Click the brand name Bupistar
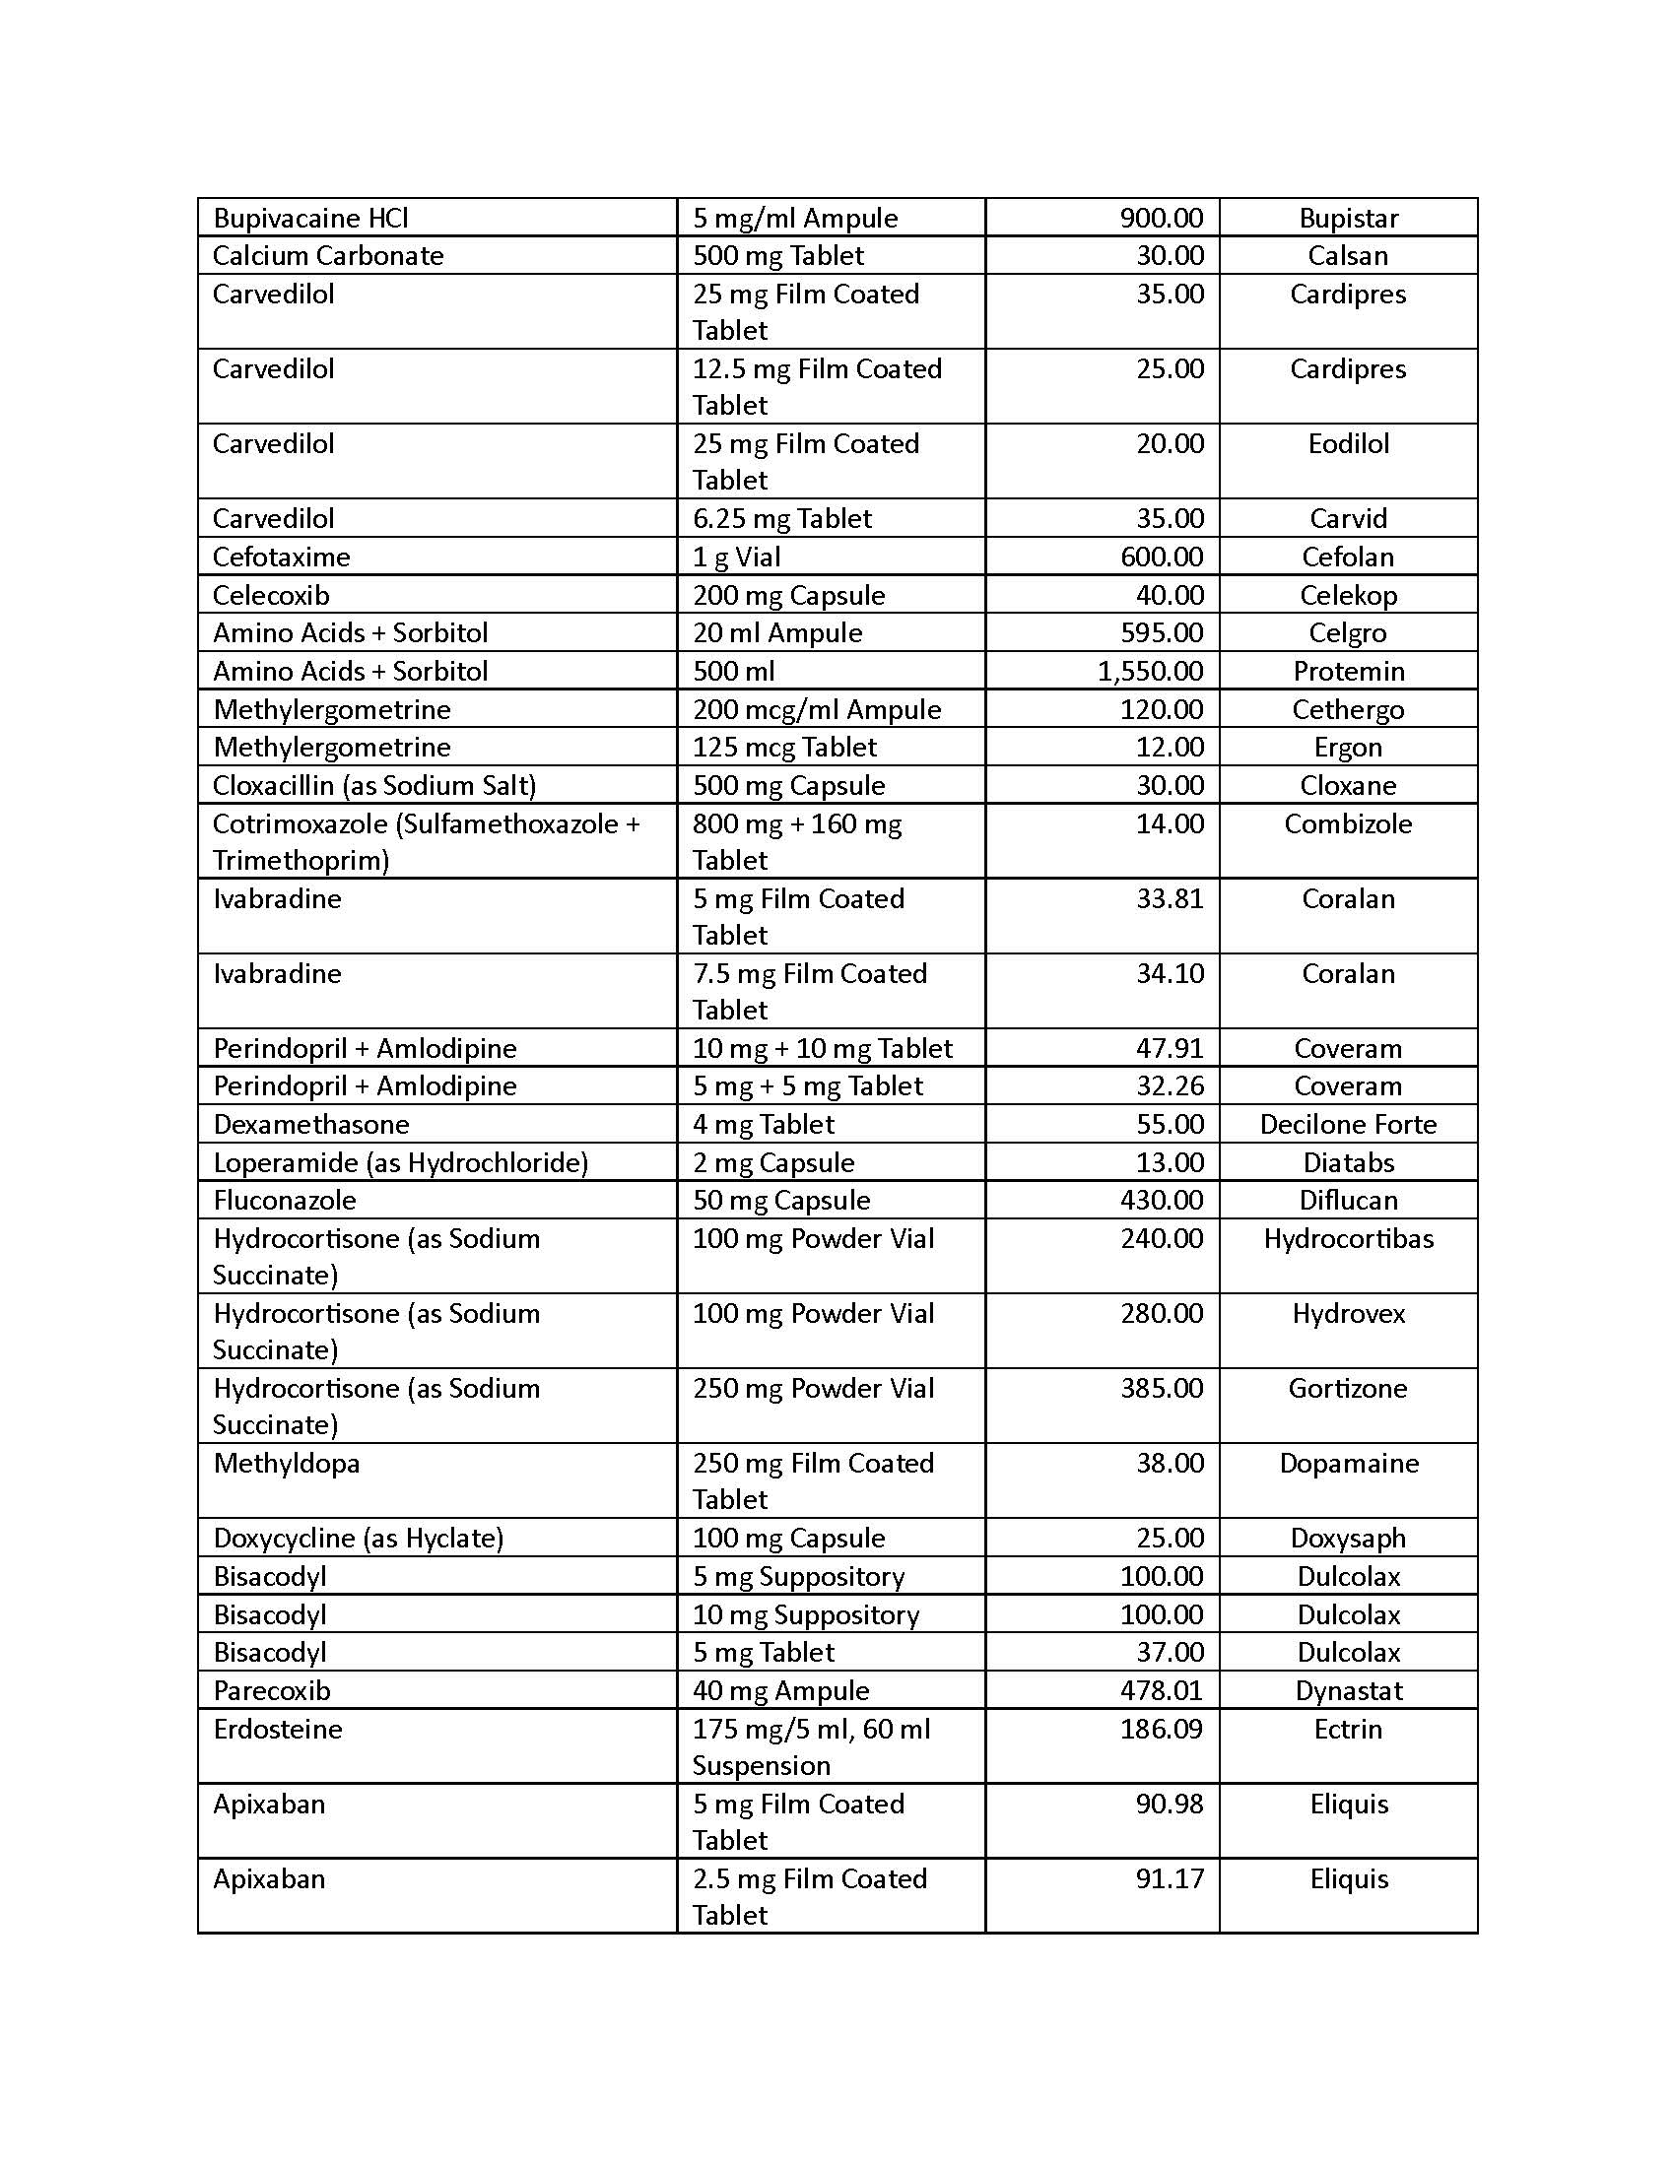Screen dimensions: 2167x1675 click(1348, 219)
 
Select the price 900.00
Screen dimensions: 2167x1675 click(1161, 219)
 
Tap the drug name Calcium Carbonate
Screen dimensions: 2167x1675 click(327, 256)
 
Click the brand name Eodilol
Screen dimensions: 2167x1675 click(1348, 443)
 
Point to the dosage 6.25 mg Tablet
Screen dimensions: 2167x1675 click(782, 518)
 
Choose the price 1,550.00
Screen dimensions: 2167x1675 click(1150, 671)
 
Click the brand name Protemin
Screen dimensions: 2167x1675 click(1348, 671)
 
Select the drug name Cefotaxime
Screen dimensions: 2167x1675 click(281, 557)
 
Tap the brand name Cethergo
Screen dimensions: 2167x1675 click(1348, 709)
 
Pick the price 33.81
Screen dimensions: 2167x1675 click(1170, 899)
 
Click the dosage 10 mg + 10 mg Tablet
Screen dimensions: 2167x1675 click(822, 1049)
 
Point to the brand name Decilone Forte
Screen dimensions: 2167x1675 click(1348, 1124)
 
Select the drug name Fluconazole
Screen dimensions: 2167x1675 click(284, 1201)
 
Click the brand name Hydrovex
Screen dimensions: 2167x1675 click(1348, 1314)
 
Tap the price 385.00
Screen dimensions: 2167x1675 click(1161, 1388)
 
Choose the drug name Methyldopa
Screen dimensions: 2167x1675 click(286, 1464)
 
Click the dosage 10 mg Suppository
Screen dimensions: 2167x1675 click(806, 1614)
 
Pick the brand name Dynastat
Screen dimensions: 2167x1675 click(1348, 1690)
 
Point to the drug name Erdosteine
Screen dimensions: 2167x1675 click(277, 1730)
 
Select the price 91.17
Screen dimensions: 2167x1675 click(1170, 1879)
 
